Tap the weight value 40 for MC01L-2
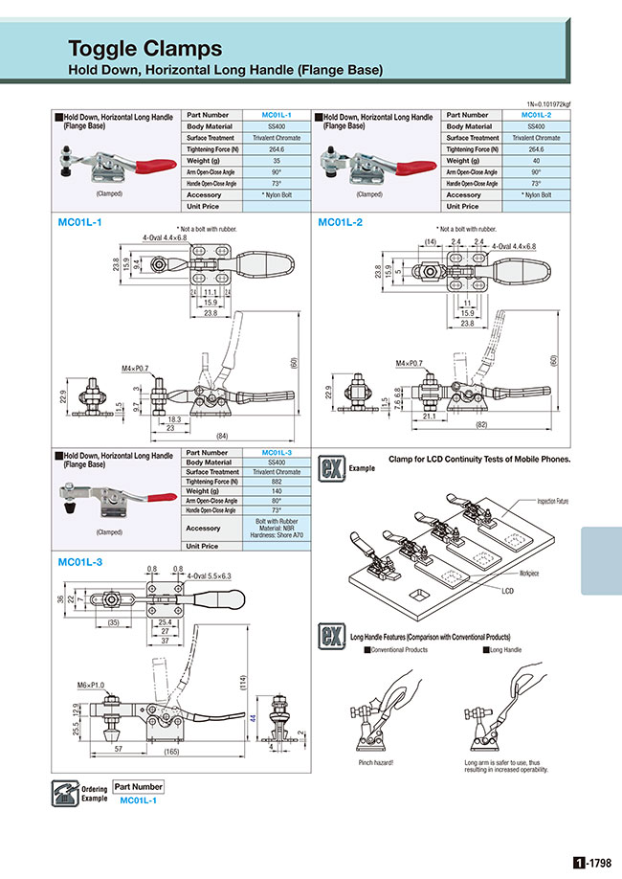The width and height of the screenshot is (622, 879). (535, 161)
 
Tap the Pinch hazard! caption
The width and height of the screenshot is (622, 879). (376, 762)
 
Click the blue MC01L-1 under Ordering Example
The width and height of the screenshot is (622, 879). (139, 800)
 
